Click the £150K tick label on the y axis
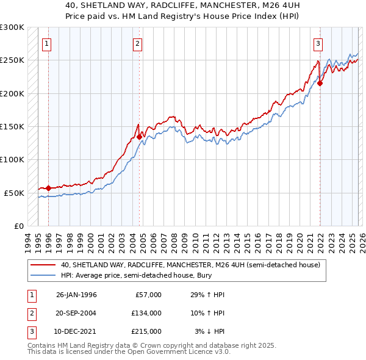click(12, 126)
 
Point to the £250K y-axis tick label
click(12, 60)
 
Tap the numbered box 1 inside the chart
click(47, 43)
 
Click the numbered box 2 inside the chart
click(138, 43)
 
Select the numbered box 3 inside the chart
click(318, 43)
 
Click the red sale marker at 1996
click(49, 188)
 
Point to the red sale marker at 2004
click(139, 137)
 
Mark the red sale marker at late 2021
click(320, 84)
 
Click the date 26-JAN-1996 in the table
click(76, 295)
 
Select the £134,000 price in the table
click(146, 313)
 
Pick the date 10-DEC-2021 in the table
click(76, 331)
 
